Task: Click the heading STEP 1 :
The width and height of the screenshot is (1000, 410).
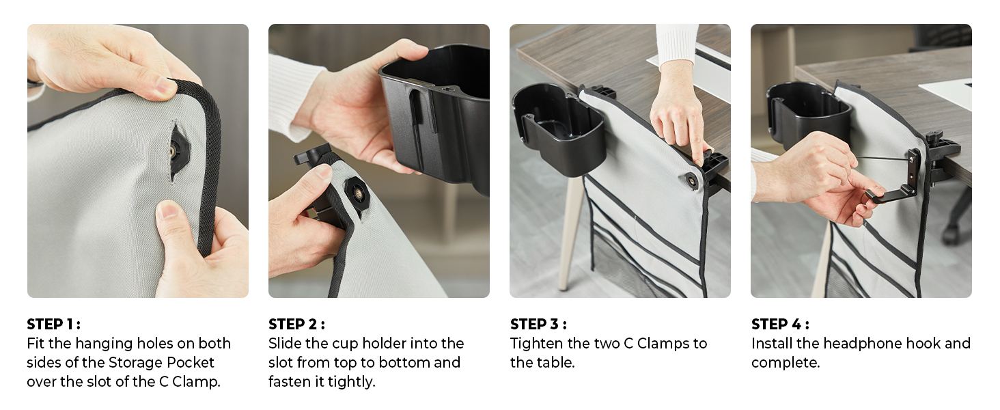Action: point(53,324)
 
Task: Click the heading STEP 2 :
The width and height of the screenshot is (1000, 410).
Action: point(296,324)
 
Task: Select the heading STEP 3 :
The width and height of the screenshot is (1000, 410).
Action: point(538,324)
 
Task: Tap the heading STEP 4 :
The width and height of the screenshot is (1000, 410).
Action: point(779,324)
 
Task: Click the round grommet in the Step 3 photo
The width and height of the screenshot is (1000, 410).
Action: point(692,180)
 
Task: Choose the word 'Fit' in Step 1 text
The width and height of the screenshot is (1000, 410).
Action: point(36,343)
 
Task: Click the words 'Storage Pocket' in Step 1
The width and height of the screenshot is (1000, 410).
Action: point(161,362)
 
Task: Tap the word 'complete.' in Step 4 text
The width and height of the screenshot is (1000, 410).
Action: point(785,362)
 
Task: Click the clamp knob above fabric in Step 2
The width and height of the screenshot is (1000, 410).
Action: point(311,154)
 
